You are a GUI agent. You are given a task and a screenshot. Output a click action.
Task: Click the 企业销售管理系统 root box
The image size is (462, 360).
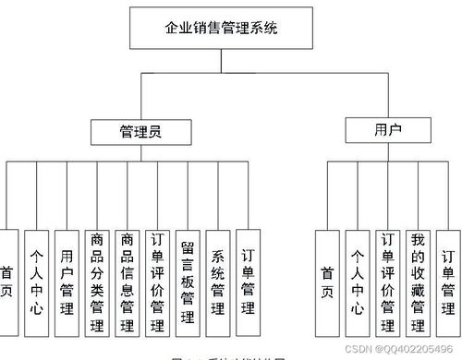[220, 29]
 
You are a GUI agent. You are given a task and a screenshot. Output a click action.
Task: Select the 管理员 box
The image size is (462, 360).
[140, 132]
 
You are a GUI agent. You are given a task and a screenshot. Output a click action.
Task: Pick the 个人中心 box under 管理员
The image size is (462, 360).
[36, 281]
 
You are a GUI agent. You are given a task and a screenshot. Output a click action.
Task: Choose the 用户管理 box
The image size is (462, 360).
[66, 281]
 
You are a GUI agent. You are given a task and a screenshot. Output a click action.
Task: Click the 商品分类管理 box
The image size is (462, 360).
[96, 281]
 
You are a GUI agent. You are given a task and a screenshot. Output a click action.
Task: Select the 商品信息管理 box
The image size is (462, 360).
[127, 281]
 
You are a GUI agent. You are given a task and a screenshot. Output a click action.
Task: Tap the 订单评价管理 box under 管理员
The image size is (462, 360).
[157, 281]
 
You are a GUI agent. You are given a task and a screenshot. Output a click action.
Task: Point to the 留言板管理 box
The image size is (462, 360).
[188, 281]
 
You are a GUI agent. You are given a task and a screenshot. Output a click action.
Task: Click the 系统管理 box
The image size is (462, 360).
[218, 281]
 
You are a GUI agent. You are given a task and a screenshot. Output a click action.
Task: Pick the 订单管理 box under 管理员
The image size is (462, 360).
[248, 281]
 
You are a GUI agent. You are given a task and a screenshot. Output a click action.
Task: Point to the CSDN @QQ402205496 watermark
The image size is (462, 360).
[406, 350]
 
